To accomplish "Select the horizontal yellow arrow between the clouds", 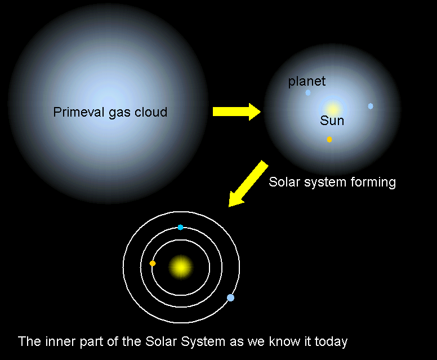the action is tap(237, 112).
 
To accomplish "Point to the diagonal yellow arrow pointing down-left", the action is tap(248, 184).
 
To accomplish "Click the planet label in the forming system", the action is tap(306, 82).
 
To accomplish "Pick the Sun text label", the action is tap(332, 121).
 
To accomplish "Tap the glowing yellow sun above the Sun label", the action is tap(333, 109).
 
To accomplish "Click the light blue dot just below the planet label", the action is tap(308, 92).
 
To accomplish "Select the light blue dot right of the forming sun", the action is tap(371, 106).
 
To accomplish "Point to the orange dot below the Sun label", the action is tap(329, 139).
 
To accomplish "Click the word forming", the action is tap(373, 183).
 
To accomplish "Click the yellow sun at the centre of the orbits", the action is tap(181, 267).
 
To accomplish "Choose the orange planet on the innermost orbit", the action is tap(153, 263).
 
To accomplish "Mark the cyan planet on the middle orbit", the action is tap(180, 227).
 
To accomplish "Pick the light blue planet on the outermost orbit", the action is tap(230, 298).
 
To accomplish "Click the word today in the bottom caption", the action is tap(331, 342).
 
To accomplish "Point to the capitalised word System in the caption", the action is tap(203, 342).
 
